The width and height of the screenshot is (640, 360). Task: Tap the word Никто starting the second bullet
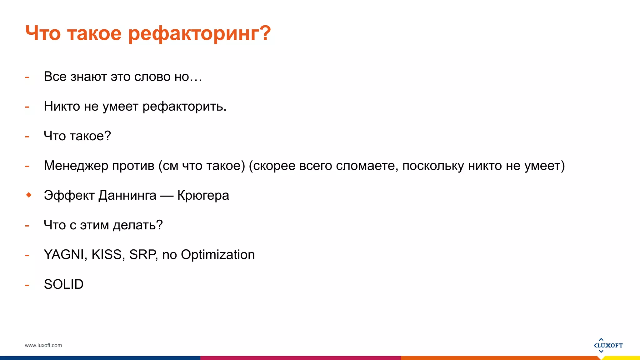click(62, 106)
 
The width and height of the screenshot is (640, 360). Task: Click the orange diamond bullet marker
click(29, 195)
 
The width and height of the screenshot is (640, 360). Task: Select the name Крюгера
click(203, 196)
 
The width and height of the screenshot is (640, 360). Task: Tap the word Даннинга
click(127, 196)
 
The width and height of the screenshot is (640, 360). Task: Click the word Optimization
click(218, 255)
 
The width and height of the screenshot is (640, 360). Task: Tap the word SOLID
click(64, 284)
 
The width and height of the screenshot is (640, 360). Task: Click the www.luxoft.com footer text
click(43, 345)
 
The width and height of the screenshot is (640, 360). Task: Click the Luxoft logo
click(608, 345)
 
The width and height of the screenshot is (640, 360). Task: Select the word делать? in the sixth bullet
click(138, 225)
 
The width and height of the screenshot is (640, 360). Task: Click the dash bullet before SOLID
click(27, 285)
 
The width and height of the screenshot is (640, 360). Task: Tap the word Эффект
click(69, 196)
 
